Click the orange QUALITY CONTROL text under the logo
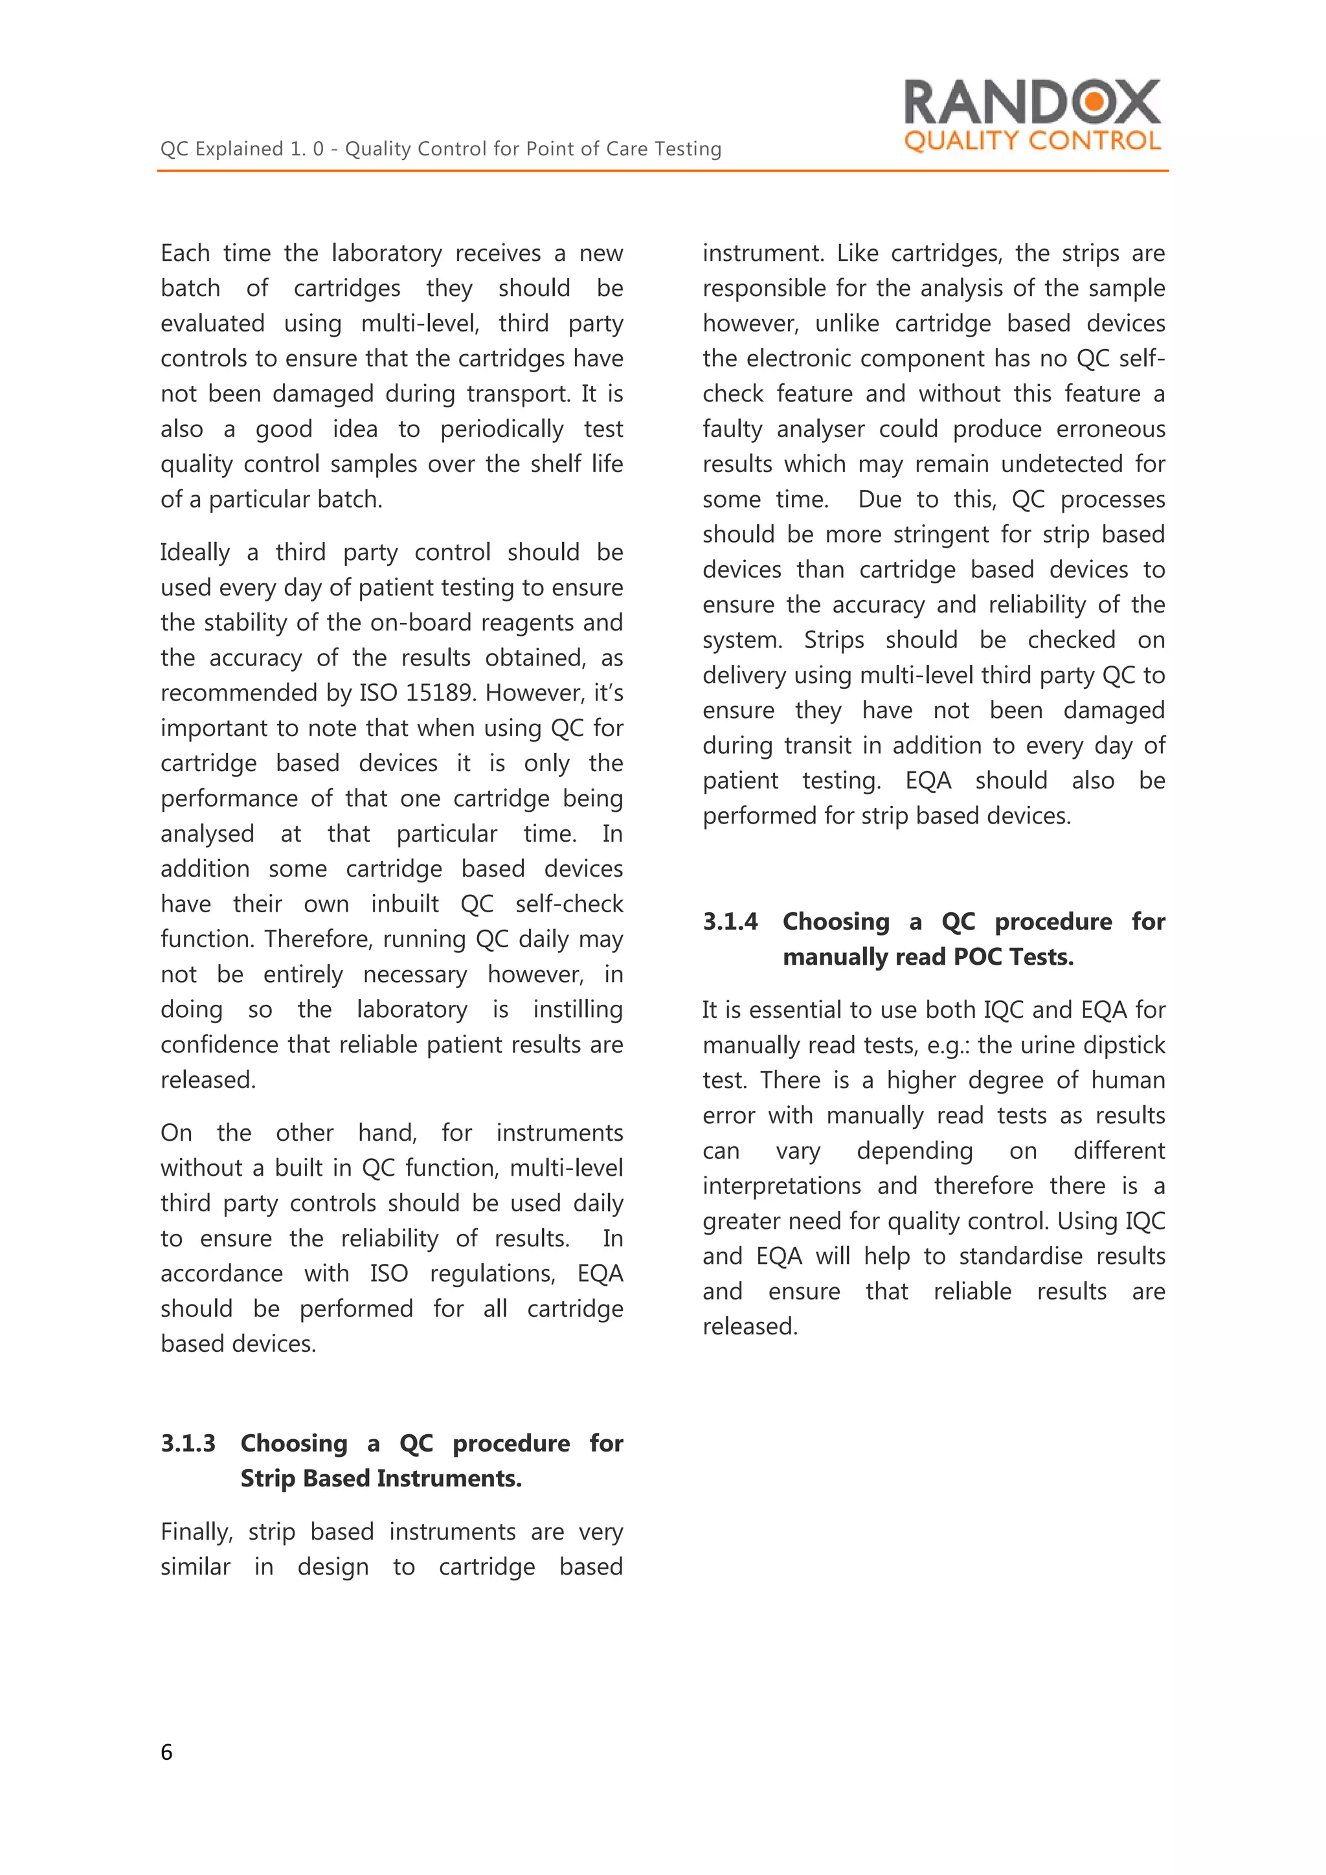[1031, 141]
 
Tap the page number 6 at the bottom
[166, 1752]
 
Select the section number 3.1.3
[188, 1443]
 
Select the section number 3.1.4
[730, 921]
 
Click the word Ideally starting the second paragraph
[195, 553]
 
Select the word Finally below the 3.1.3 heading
[196, 1532]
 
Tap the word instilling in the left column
[578, 1009]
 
